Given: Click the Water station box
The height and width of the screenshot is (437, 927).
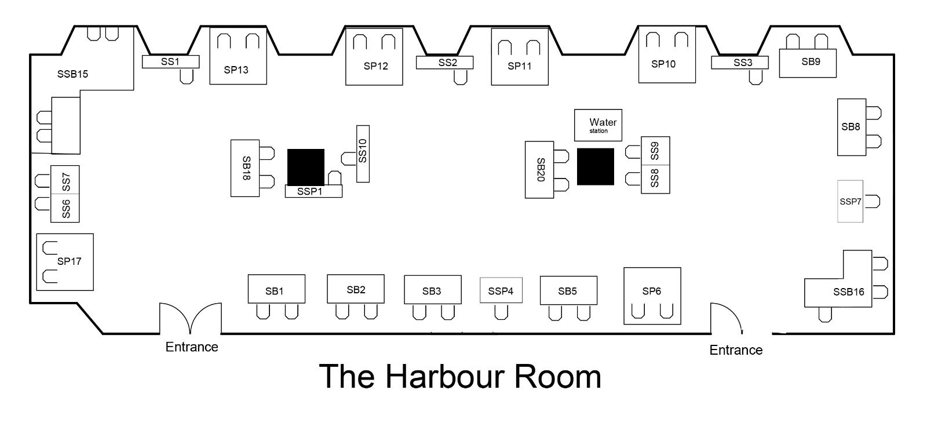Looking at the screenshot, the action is coord(598,125).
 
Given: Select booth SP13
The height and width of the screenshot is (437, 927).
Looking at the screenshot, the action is coord(238,56).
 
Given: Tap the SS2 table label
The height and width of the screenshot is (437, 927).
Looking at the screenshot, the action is coord(447,63).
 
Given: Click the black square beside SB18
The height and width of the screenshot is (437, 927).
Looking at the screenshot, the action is coord(306,167).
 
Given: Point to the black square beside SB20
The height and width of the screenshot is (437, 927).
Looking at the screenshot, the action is coord(596,166).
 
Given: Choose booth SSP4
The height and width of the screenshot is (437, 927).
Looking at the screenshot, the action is coord(501,290).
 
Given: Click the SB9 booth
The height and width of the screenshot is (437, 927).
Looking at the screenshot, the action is coord(808,63).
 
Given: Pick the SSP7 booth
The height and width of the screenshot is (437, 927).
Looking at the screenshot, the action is coord(850,201).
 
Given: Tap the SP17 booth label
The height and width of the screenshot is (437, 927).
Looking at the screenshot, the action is coord(69,261).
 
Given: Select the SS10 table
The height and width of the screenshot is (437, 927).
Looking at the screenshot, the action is coord(363,154).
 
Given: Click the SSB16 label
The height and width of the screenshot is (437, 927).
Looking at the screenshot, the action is coord(849,292).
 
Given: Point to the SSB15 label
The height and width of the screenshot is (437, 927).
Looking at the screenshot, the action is coord(72,74).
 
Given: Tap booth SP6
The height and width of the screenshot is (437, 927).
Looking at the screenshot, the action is coord(652,296).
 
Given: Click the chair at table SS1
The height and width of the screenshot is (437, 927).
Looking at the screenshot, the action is coord(187,76).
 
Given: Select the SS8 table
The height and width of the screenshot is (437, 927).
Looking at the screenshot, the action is coord(655,179).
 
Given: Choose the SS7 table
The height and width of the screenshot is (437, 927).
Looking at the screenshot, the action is coord(65,180).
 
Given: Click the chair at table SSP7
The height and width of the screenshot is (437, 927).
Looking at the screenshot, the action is coord(872,202).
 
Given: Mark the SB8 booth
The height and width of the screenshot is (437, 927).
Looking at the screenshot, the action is coord(852,127).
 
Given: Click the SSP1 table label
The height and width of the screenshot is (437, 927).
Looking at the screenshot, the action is coord(309,191).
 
